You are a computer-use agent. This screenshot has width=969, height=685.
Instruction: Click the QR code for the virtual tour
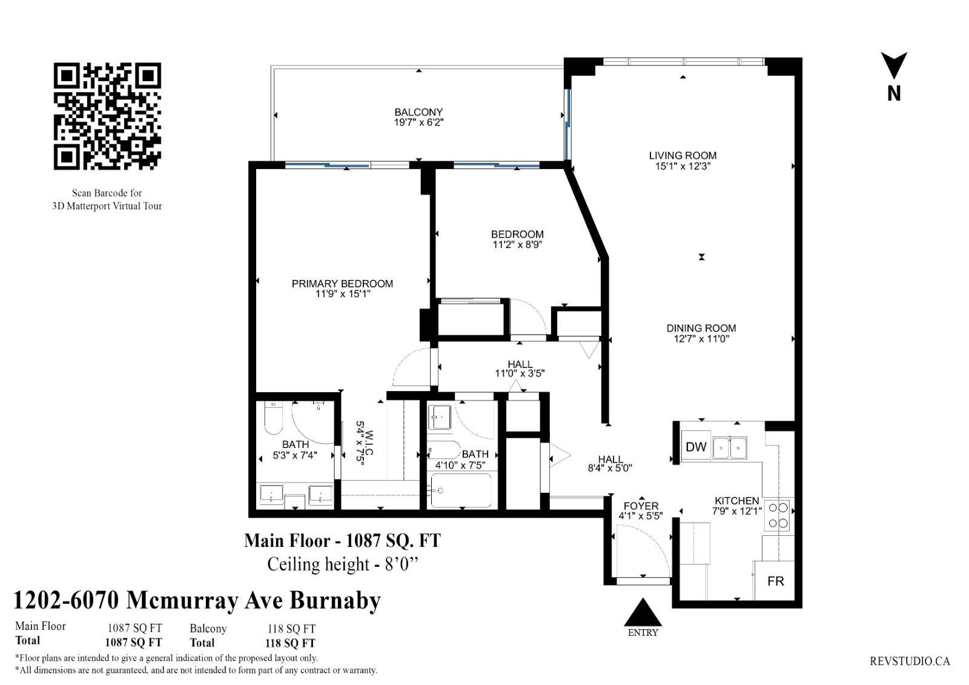107,116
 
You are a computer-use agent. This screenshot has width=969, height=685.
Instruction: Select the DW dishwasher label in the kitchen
696,447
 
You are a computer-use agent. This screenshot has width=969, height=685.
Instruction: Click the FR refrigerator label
776,581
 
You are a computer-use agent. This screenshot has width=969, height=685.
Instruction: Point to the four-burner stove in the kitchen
778,515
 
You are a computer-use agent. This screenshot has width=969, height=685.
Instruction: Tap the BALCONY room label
418,112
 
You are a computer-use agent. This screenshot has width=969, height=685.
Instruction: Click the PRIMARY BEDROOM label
342,284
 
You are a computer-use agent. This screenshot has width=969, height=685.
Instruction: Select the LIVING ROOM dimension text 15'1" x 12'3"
683,166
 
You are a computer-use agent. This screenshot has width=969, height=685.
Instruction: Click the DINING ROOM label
701,328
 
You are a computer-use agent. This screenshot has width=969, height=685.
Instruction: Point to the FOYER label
641,506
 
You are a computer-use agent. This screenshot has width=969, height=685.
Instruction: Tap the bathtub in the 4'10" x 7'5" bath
461,490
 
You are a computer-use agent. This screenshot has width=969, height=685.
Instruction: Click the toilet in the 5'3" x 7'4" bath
273,418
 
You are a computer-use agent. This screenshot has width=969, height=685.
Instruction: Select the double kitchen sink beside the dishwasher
729,448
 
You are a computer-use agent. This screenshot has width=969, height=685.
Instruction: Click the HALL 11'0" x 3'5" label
520,369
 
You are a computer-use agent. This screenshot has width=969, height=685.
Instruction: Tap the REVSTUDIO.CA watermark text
910,661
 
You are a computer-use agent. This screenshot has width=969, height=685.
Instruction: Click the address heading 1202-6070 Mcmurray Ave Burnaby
197,600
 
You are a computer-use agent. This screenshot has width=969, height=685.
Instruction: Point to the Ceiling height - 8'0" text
343,564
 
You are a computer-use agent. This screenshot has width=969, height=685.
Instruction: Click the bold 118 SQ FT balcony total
290,643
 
